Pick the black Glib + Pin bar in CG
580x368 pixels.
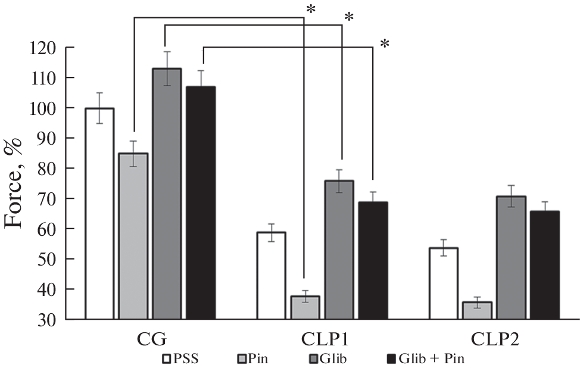point(201,202)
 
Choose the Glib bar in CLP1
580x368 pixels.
point(339,250)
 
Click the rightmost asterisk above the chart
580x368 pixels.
point(385,43)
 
